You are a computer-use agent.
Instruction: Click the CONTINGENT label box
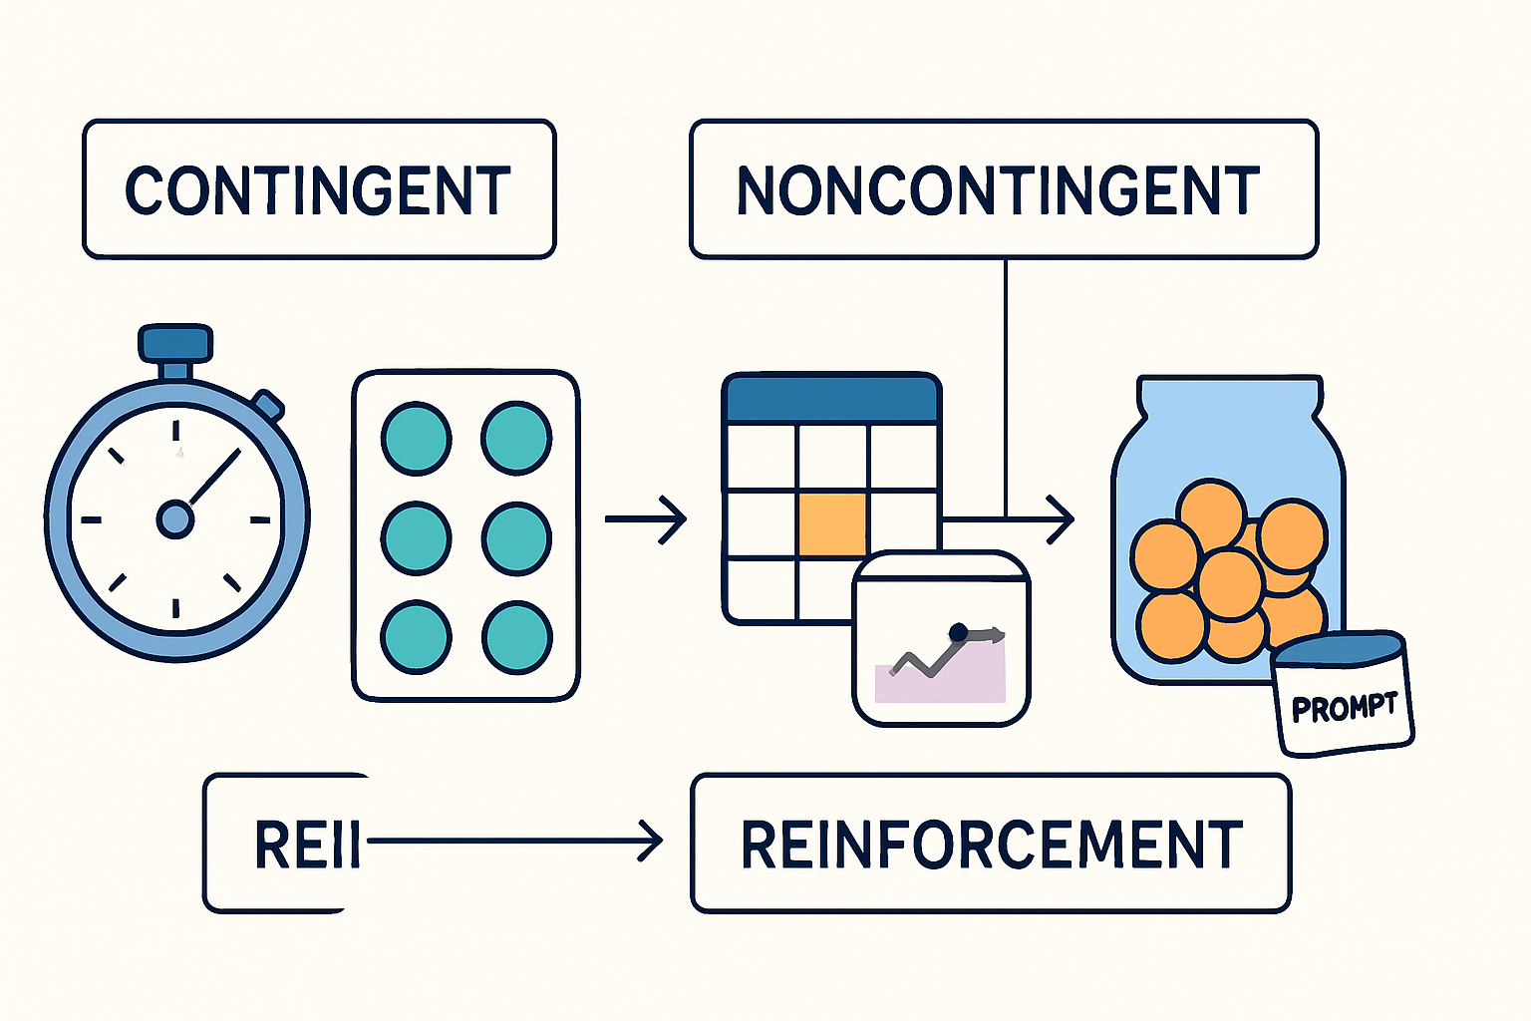pyautogui.click(x=319, y=189)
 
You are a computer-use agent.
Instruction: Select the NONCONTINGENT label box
pyautogui.click(x=1004, y=189)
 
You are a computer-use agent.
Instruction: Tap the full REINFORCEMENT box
pyautogui.click(x=991, y=844)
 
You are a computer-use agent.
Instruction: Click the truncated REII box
pyautogui.click(x=284, y=844)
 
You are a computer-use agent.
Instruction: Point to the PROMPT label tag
pyautogui.click(x=1345, y=708)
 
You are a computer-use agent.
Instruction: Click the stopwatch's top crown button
pyautogui.click(x=176, y=342)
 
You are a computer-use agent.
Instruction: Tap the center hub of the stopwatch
pyautogui.click(x=175, y=518)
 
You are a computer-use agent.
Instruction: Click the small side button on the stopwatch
pyautogui.click(x=268, y=404)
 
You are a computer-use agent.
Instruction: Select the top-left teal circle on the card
pyautogui.click(x=417, y=438)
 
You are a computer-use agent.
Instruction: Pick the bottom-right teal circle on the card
pyautogui.click(x=516, y=637)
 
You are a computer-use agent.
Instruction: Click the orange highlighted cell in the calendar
pyautogui.click(x=832, y=524)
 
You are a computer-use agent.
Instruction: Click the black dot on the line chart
pyautogui.click(x=958, y=631)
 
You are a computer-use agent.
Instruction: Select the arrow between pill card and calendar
pyautogui.click(x=645, y=518)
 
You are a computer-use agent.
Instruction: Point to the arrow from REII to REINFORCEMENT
pyautogui.click(x=513, y=841)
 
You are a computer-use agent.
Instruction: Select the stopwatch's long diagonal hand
pyautogui.click(x=214, y=477)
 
